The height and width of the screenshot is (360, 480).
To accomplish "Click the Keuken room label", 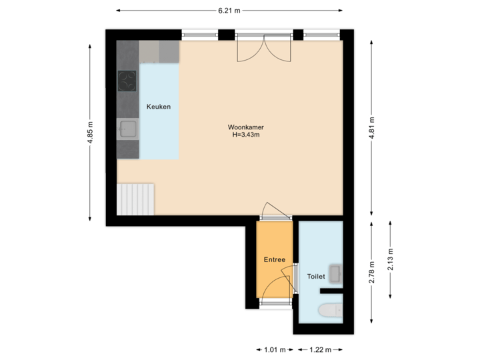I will tap(159, 107).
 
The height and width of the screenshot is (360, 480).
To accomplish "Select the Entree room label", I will tap(274, 260).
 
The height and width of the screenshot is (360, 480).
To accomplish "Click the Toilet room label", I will tap(315, 276).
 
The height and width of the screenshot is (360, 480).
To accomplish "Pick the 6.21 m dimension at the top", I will tap(229, 11).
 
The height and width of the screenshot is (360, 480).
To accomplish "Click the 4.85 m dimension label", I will tap(91, 132).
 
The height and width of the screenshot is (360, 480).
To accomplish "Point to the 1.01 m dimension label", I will tap(273, 349).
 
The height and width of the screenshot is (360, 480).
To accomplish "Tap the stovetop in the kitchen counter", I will tap(127, 81).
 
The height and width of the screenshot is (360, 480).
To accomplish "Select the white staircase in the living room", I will tap(136, 199).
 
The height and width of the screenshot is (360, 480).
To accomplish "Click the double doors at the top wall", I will tap(264, 47).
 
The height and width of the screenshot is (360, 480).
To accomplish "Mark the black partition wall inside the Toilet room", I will tap(331, 291).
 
